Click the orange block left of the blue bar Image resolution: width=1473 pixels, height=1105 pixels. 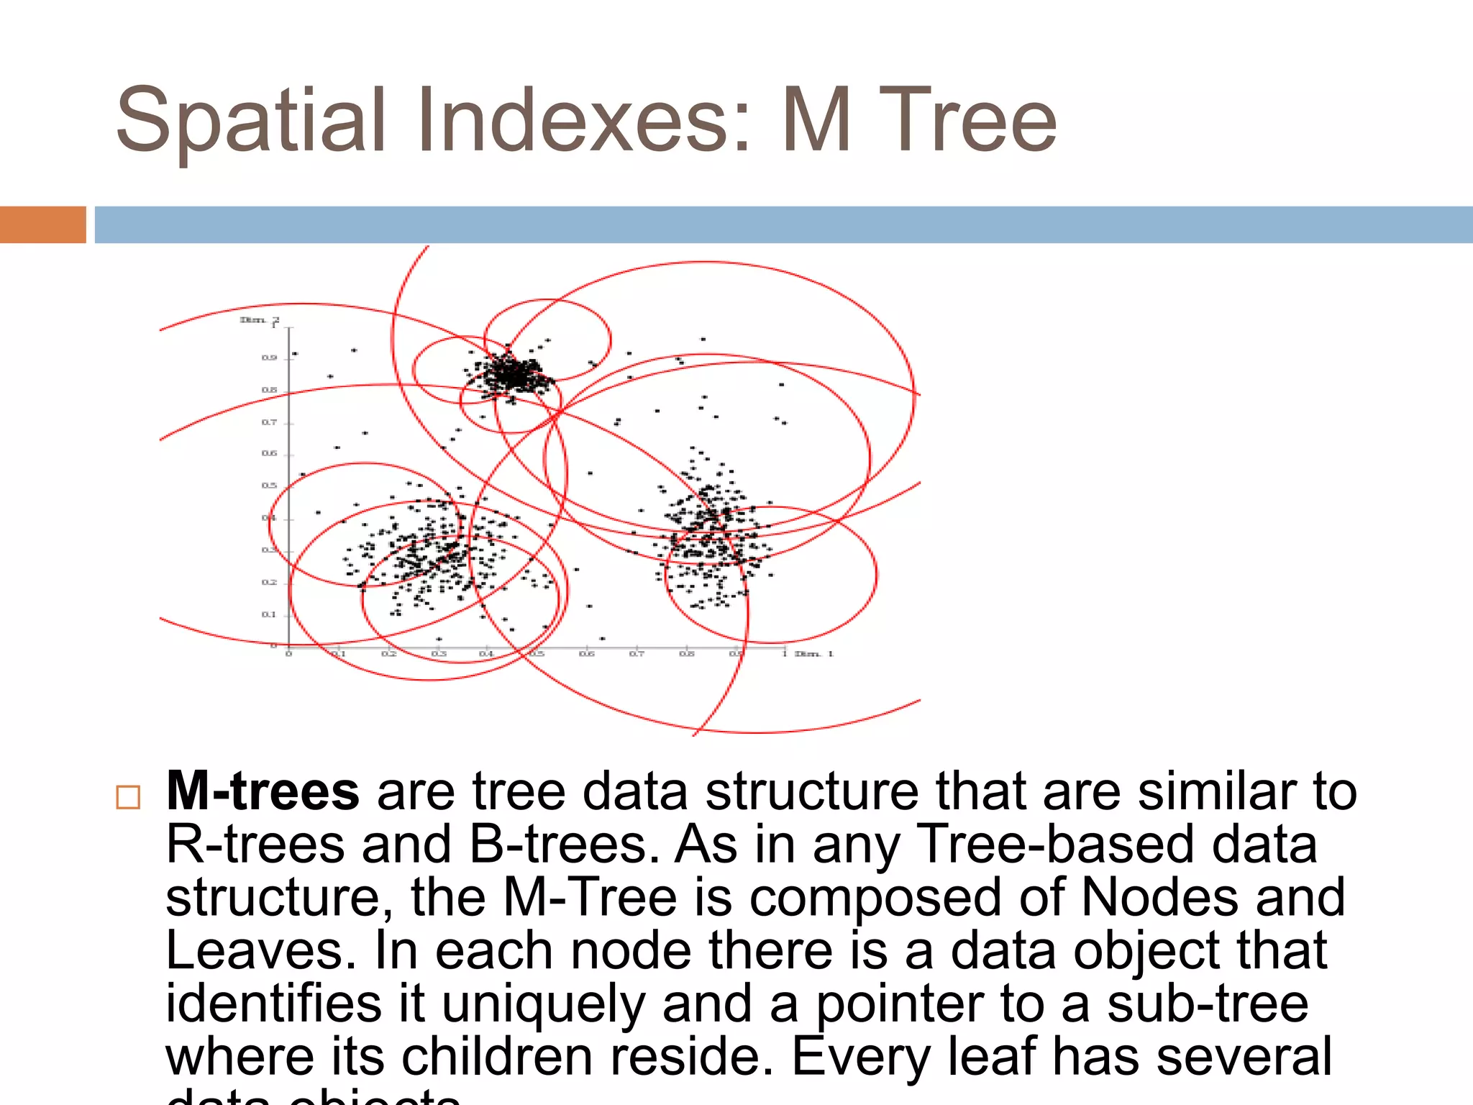(x=42, y=224)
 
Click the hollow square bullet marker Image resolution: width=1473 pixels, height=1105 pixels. (x=128, y=797)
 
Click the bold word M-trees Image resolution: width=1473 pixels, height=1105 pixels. (x=263, y=791)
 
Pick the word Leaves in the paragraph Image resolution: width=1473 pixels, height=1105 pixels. (x=261, y=950)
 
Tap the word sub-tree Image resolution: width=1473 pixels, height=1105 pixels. (x=1208, y=1004)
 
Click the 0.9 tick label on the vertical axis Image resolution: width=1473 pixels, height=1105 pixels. (x=269, y=358)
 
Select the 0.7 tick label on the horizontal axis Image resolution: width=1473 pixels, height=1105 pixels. (x=637, y=654)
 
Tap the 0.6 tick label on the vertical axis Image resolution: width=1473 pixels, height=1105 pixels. (x=269, y=453)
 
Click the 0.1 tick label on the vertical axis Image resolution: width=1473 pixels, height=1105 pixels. (x=269, y=614)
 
